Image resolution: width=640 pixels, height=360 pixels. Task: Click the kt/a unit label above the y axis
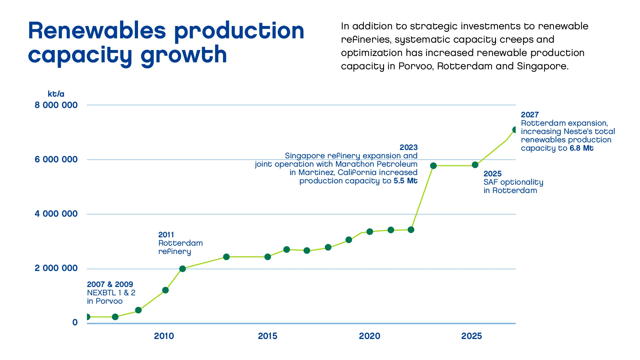pos(56,94)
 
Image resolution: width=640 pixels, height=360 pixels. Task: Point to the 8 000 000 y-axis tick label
pos(56,105)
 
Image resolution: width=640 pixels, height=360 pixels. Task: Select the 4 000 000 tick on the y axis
pos(56,214)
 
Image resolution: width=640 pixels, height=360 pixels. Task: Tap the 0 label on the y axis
pos(75,322)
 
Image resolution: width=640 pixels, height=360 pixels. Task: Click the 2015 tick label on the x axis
pos(267,336)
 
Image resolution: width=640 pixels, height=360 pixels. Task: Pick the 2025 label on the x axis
pos(471,336)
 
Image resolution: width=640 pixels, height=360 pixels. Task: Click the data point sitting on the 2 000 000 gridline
pos(182,269)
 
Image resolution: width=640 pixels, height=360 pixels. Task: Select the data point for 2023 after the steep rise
pos(433,166)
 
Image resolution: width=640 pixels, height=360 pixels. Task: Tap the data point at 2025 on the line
pos(475,165)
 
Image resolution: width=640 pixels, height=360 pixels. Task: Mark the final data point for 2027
pos(514,130)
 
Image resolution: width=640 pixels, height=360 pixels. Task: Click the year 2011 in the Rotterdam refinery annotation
pos(166,235)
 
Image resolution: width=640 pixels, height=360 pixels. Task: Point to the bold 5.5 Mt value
pos(405,181)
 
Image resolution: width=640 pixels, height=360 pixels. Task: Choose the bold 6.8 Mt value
pos(581,148)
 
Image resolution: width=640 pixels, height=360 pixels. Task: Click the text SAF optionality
pos(513,182)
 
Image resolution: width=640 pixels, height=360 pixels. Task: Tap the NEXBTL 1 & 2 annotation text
pos(111,293)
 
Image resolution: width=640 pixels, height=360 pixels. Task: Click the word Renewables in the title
pos(97,31)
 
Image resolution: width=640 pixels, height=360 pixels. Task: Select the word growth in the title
pos(184,55)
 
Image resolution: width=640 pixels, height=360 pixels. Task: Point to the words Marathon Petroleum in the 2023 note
pos(376,164)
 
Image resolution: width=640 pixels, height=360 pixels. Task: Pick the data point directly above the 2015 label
pos(268,257)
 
